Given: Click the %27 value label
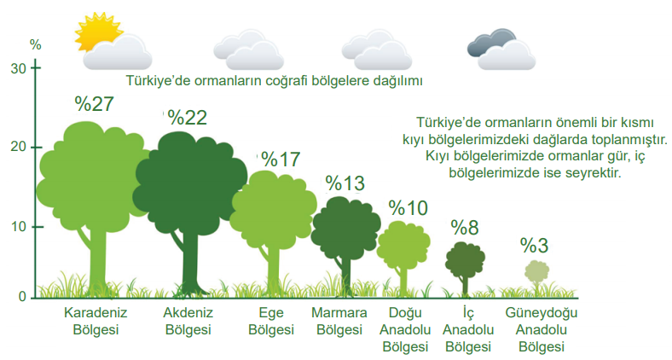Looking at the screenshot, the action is pos(95,104).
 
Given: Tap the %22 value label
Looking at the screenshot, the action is pos(188,118).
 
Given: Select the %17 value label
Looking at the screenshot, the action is pos(281,160).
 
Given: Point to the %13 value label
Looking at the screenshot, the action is pos(345,183).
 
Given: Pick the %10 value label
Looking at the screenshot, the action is pos(408,208).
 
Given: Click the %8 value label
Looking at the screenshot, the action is pos(465,228).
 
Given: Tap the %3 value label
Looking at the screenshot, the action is pos(534,246).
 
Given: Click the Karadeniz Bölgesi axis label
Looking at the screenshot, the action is pos(96,321).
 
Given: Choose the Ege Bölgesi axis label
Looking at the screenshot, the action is pos(271,321).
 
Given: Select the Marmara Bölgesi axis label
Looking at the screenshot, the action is pos(339,321).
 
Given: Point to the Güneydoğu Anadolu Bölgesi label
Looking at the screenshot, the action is pos(542,329).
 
